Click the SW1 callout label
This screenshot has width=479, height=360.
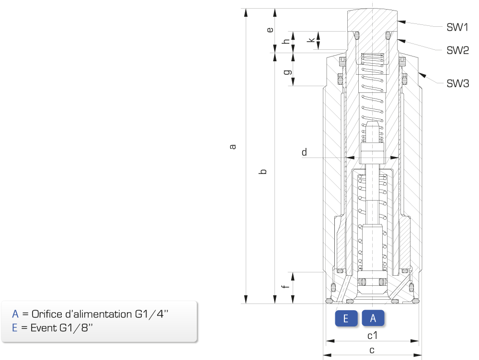457,27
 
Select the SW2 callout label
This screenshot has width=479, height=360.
457,50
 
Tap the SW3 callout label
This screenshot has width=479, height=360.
457,83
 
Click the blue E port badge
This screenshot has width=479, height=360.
346,318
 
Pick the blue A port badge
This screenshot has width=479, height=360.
373,318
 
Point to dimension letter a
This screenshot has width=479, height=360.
233,147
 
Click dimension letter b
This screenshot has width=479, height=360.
263,171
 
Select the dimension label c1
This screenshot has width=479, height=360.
372,336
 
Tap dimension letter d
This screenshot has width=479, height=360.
304,152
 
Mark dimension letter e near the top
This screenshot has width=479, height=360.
270,30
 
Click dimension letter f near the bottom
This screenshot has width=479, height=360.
285,286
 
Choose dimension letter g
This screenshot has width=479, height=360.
287,72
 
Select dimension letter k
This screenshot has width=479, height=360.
312,40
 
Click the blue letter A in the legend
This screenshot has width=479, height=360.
15,314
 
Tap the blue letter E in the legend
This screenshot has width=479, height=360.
15,327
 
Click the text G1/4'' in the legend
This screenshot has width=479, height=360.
151,314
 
